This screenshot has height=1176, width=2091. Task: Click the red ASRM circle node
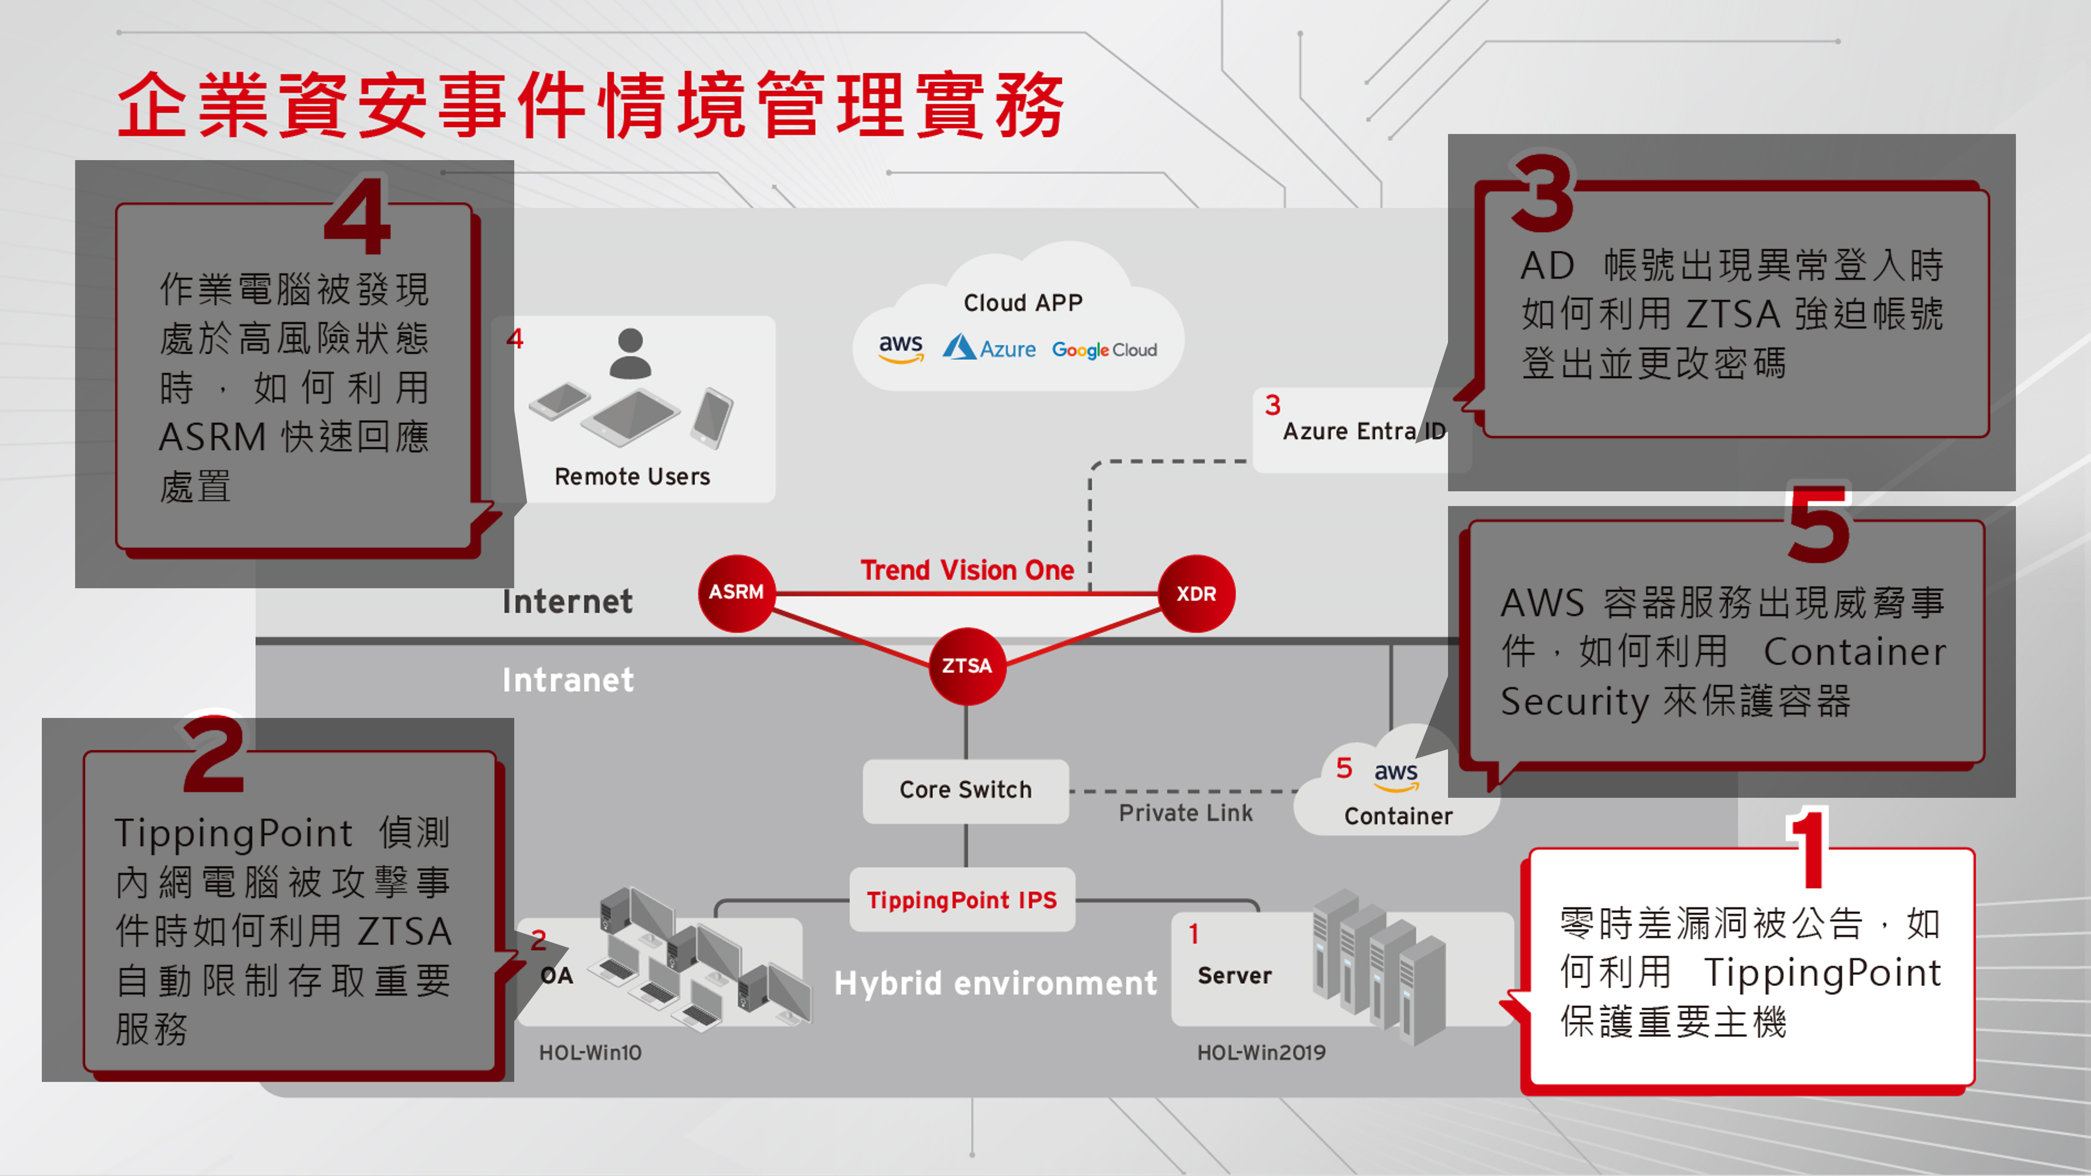tap(736, 593)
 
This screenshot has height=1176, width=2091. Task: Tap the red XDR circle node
tap(1197, 593)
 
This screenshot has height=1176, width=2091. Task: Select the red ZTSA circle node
tap(967, 666)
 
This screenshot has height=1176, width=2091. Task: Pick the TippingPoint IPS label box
tap(962, 900)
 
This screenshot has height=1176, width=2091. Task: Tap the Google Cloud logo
tap(1104, 350)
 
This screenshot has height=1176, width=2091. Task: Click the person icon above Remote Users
tap(630, 354)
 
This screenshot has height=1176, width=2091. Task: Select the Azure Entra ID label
tap(1364, 431)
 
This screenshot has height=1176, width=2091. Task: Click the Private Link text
tap(1185, 813)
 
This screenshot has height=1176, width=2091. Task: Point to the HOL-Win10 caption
tap(590, 1052)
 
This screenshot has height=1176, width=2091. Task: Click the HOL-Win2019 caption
tap(1261, 1052)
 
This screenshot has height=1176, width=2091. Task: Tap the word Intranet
tap(567, 680)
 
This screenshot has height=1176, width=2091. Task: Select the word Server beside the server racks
tap(1234, 975)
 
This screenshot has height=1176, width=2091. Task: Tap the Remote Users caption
tap(633, 477)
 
